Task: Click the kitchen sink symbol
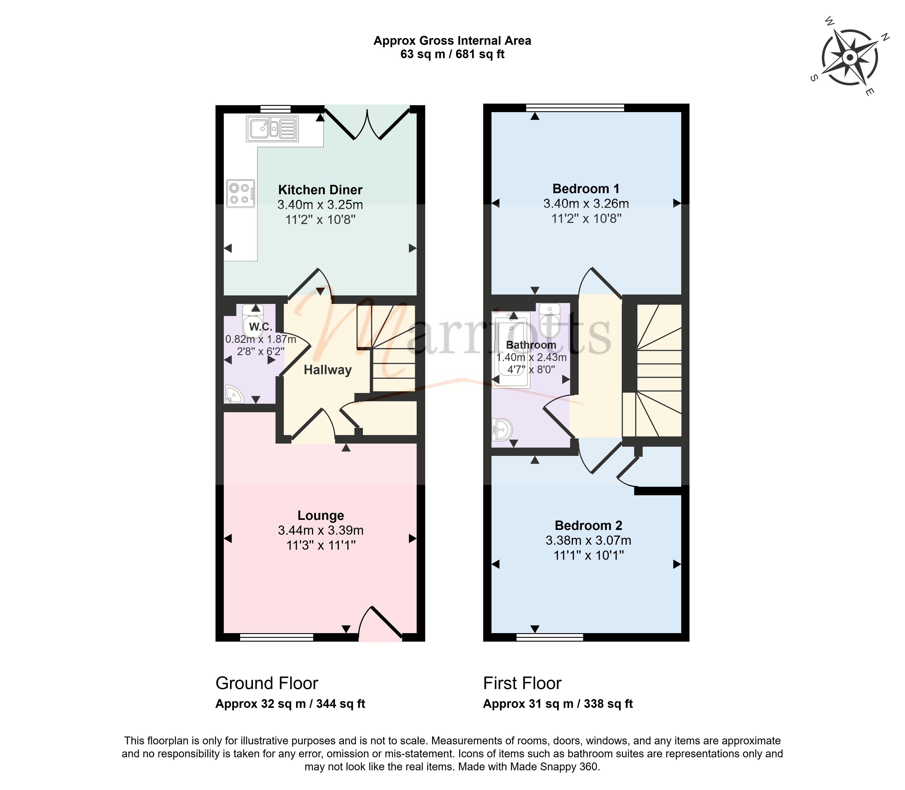[x=272, y=129]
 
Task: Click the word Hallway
[x=328, y=370]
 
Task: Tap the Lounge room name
[x=321, y=515]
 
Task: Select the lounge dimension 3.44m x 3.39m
[x=321, y=530]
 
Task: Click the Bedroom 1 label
[x=586, y=189]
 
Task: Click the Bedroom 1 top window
[x=575, y=107]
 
